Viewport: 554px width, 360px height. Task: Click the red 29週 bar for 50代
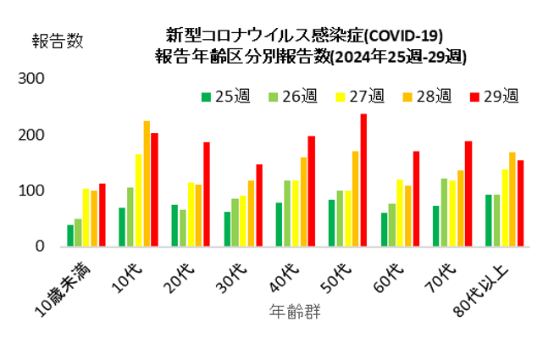(x=363, y=180)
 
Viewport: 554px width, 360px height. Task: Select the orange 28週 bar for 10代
(x=147, y=184)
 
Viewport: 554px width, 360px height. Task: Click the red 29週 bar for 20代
(x=206, y=194)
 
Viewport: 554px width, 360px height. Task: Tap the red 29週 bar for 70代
(x=468, y=194)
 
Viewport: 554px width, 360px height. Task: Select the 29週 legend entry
(x=492, y=97)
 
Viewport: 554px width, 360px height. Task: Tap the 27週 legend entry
(x=358, y=97)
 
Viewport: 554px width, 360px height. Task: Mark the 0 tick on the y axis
(x=39, y=246)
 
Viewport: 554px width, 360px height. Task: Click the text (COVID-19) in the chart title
(x=397, y=36)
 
